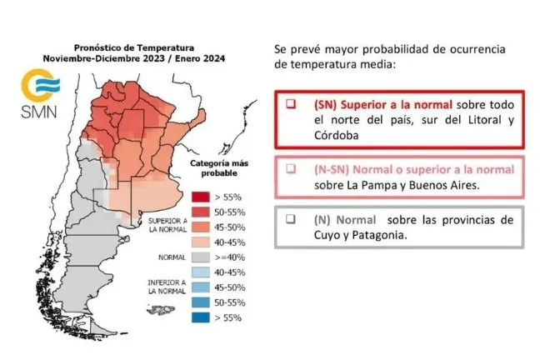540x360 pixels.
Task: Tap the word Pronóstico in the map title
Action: pyautogui.click(x=102, y=48)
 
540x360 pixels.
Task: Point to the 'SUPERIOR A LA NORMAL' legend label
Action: pyautogui.click(x=167, y=227)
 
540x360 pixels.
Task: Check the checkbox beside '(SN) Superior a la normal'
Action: pyautogui.click(x=291, y=105)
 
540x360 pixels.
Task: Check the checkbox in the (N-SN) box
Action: pyautogui.click(x=291, y=168)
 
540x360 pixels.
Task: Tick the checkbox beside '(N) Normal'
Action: pyautogui.click(x=291, y=219)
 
